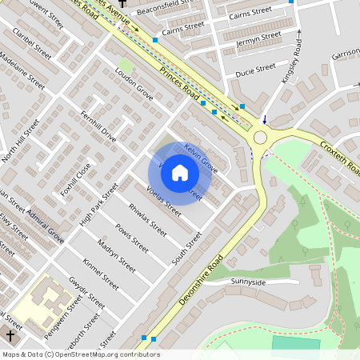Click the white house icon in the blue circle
tap(180, 173)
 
